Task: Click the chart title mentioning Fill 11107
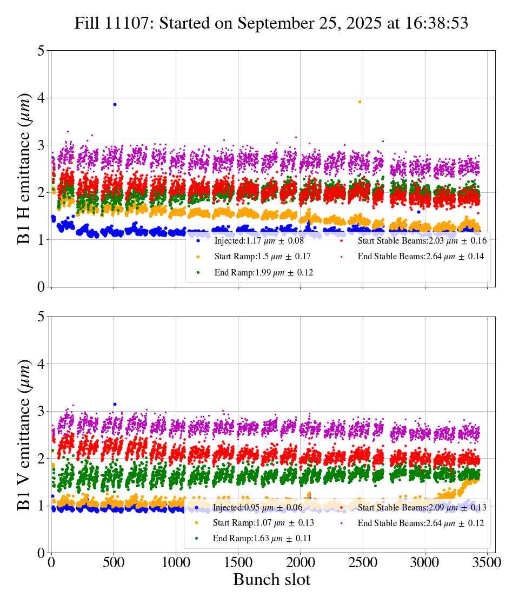pyautogui.click(x=271, y=23)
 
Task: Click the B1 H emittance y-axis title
pyautogui.click(x=24, y=169)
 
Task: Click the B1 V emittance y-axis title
pyautogui.click(x=24, y=434)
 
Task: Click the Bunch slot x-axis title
pyautogui.click(x=272, y=580)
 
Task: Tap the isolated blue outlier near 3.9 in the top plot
pyautogui.click(x=115, y=104)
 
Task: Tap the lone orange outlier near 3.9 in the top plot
pyautogui.click(x=360, y=102)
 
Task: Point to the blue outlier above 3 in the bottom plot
pyautogui.click(x=115, y=404)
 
